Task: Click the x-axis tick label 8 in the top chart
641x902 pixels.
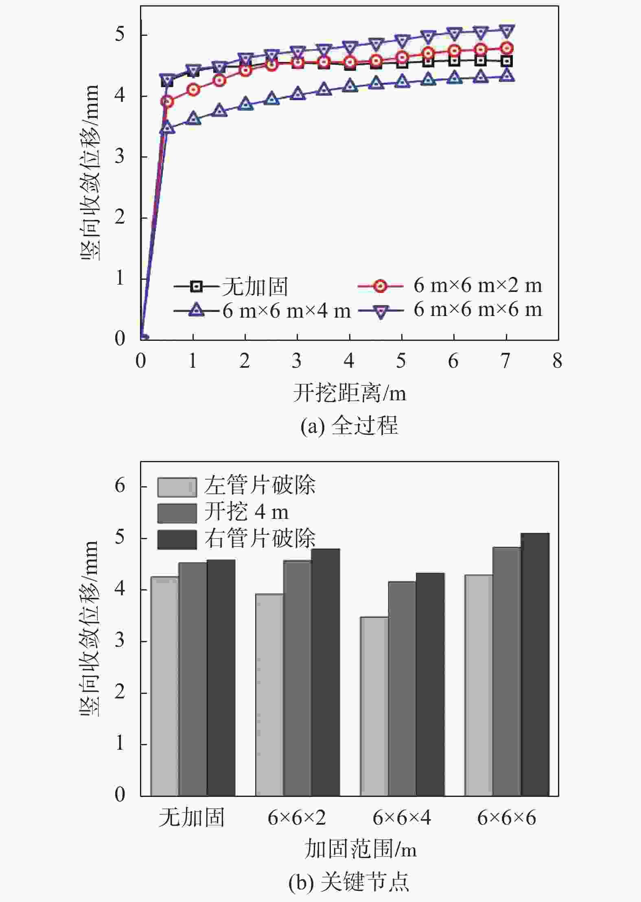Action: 557,361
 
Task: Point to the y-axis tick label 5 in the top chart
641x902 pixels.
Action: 120,34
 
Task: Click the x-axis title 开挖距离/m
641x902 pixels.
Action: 349,393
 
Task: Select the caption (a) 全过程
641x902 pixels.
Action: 349,426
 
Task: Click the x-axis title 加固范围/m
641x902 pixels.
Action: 361,849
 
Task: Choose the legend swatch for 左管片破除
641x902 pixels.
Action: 177,487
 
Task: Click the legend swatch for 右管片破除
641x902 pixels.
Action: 177,539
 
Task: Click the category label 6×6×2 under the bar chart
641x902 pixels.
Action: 297,818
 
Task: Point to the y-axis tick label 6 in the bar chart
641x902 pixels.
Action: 120,486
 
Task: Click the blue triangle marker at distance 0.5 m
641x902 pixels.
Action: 167,128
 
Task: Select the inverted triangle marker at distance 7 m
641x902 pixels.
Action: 506,31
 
